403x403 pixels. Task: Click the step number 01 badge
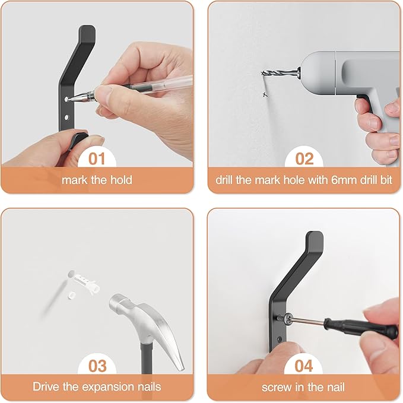(97, 159)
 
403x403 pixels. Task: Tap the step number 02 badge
(304, 159)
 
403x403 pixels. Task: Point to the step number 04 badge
(304, 365)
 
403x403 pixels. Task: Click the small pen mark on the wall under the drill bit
(264, 94)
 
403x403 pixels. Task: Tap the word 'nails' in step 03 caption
(147, 387)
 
